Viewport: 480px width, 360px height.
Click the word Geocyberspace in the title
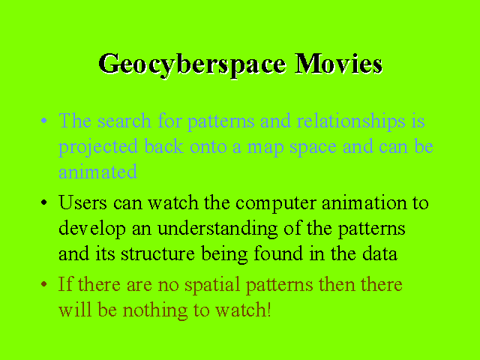click(193, 65)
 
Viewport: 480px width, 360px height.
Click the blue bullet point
click(43, 121)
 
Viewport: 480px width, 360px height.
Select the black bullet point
click(43, 202)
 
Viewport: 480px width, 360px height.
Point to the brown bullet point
click(43, 284)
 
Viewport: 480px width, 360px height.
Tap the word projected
click(98, 147)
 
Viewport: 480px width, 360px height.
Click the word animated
click(97, 172)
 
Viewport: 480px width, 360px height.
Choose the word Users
click(82, 202)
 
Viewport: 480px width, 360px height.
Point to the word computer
click(275, 204)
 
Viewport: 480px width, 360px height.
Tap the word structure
click(157, 253)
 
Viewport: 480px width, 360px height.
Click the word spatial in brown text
click(212, 285)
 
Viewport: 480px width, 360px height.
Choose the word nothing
click(155, 310)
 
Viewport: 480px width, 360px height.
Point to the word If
click(65, 283)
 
